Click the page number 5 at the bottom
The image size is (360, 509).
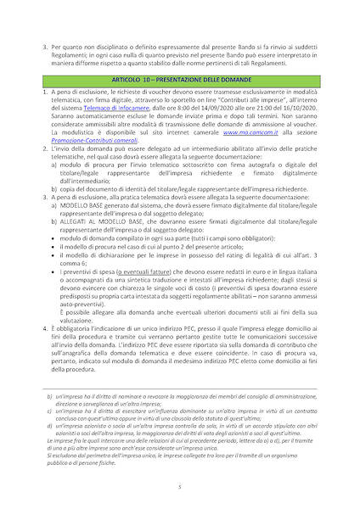(179, 486)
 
